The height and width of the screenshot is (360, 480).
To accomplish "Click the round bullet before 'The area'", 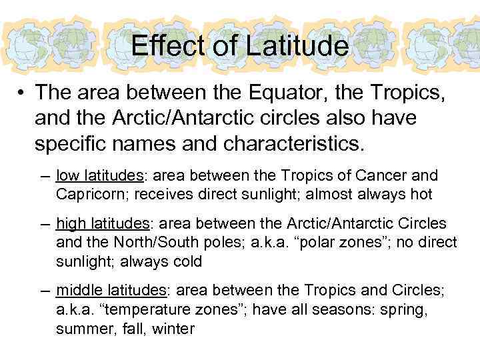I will pyautogui.click(x=23, y=91).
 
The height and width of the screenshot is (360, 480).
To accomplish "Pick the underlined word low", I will pyautogui.click(x=67, y=176).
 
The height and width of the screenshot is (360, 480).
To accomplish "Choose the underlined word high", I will pyautogui.click(x=70, y=223).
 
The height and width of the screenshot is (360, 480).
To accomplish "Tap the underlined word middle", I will pyautogui.click(x=78, y=290).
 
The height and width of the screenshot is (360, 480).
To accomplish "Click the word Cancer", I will pyautogui.click(x=389, y=176).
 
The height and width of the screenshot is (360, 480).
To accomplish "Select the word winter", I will pyautogui.click(x=173, y=328).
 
